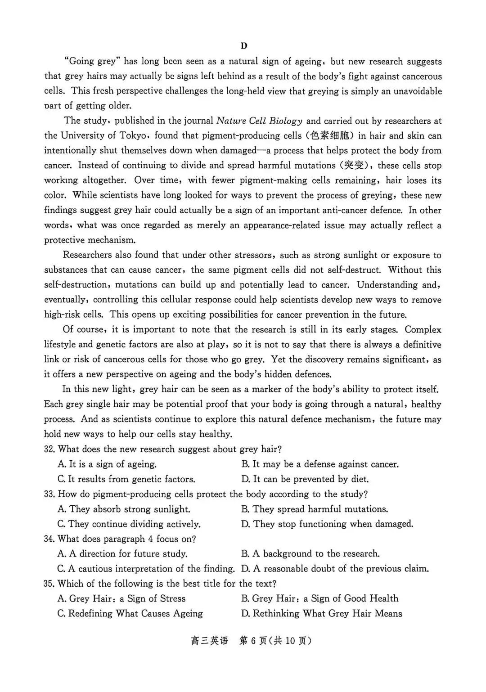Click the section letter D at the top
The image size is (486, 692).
point(243,46)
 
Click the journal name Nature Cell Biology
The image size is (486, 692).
point(259,121)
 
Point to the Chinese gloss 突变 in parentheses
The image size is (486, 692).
point(354,166)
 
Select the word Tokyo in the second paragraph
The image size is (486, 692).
point(134,136)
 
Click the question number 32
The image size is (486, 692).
point(49,449)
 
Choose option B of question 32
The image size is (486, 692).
point(319,464)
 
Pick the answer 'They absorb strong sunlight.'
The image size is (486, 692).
point(124,509)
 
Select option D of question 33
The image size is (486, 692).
point(327,524)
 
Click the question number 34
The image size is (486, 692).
point(49,539)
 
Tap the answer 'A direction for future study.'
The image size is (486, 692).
point(122,554)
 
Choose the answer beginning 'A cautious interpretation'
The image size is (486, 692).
point(146,569)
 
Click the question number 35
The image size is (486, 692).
point(49,584)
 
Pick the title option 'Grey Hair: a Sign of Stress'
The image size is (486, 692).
point(121,599)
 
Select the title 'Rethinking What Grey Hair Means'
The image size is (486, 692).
point(322,614)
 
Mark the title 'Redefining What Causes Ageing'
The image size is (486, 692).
point(130,614)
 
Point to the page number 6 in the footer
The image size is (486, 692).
point(253,641)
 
